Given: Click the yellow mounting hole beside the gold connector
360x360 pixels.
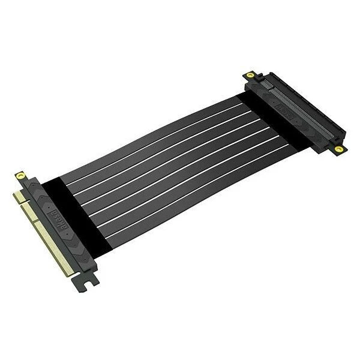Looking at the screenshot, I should point(22,176).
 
